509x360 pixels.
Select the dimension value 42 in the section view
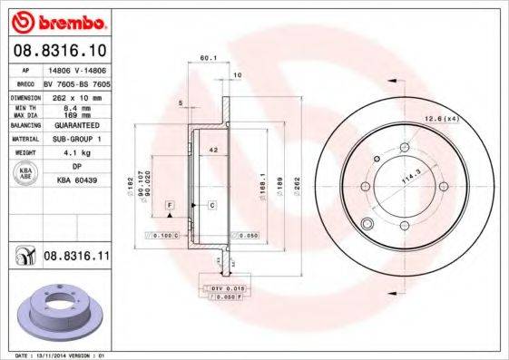pyautogui.click(x=212, y=148)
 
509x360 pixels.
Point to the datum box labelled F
pyautogui.click(x=169, y=208)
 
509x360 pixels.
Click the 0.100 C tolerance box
pyautogui.click(x=163, y=235)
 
